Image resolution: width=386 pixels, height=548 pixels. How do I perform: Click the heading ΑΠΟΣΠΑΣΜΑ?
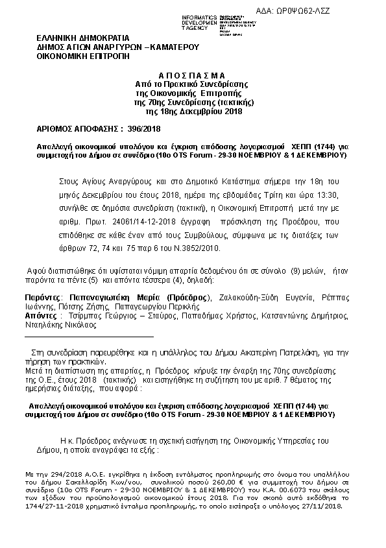point(191,75)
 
